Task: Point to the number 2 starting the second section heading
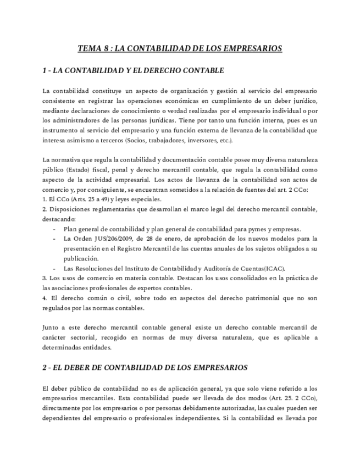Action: [x=45, y=367]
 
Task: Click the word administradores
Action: [x=76, y=120]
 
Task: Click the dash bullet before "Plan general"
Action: [x=54, y=229]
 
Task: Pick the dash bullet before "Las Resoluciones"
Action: [x=54, y=268]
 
